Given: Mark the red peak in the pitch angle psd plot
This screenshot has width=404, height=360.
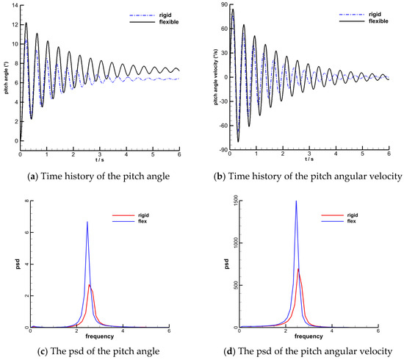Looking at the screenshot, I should click(90, 284).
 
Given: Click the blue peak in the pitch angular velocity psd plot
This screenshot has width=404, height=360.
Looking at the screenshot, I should click(296, 201).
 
